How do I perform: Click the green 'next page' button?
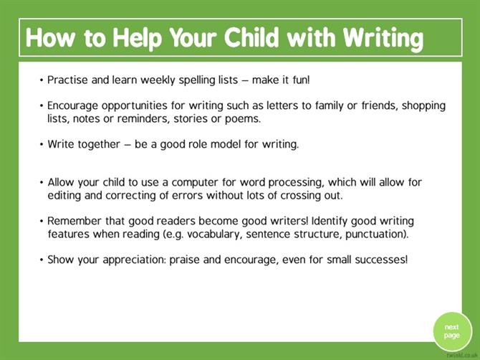pos(452,331)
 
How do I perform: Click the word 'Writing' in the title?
pos(383,38)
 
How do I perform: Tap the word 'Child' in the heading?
pos(251,37)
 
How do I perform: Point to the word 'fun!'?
pos(301,80)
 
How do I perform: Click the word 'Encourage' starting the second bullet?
pos(72,106)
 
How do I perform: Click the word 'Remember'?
pos(75,221)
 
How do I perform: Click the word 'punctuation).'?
pos(377,235)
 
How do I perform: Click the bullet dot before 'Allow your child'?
pos(42,183)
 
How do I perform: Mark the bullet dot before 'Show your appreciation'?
pos(42,260)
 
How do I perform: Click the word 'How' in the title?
pos(50,37)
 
